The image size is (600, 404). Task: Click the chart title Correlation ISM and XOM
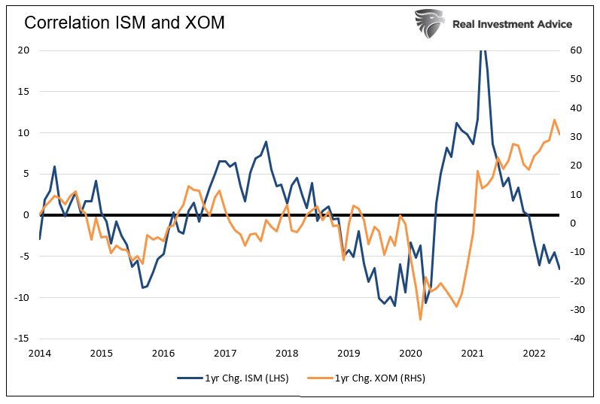point(124,23)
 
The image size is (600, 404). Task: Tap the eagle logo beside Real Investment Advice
point(429,23)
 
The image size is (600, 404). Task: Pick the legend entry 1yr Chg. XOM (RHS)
point(379,378)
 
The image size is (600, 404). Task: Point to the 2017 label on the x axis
point(225,353)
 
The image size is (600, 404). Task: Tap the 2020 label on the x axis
point(410,353)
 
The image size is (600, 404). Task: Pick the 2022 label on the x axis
point(535,353)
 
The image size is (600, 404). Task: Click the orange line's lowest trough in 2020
point(420,320)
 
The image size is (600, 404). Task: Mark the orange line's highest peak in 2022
point(554,120)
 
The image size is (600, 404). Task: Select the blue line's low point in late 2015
point(142,287)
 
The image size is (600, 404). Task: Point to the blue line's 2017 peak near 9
point(266,141)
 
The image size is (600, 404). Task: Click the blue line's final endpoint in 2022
point(559,269)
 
